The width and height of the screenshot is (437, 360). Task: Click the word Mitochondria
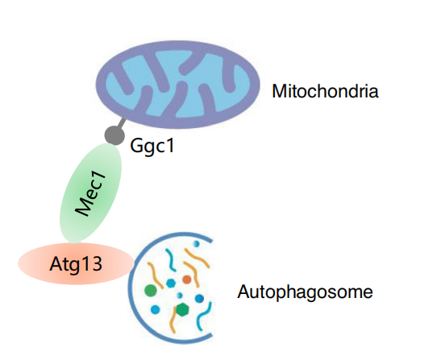(x=325, y=91)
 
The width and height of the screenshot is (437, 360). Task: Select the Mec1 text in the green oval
(x=91, y=194)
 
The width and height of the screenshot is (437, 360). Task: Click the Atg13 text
(x=76, y=263)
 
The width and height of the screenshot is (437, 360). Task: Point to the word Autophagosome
(x=305, y=292)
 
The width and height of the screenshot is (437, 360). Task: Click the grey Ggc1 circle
(x=114, y=135)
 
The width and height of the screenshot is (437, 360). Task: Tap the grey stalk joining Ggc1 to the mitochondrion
(x=121, y=123)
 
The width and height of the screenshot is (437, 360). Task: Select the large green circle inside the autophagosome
(x=151, y=291)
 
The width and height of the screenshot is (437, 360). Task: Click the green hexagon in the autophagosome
(x=182, y=309)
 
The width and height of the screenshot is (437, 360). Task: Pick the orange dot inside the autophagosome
(x=187, y=279)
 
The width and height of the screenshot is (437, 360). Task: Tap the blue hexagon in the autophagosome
(x=171, y=283)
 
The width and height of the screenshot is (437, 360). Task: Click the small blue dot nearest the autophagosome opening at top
(x=197, y=243)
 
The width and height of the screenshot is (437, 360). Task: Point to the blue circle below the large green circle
(x=155, y=309)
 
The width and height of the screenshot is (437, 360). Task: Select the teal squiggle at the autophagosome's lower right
(x=203, y=317)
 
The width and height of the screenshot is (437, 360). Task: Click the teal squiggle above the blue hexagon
(x=171, y=260)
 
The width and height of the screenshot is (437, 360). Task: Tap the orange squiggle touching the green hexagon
(x=173, y=318)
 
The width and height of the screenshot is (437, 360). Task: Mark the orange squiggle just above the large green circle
(x=155, y=275)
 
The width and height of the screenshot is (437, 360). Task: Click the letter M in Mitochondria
(x=279, y=91)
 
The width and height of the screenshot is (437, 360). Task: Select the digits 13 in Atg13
(x=92, y=263)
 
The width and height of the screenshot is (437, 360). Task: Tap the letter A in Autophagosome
(x=243, y=292)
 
